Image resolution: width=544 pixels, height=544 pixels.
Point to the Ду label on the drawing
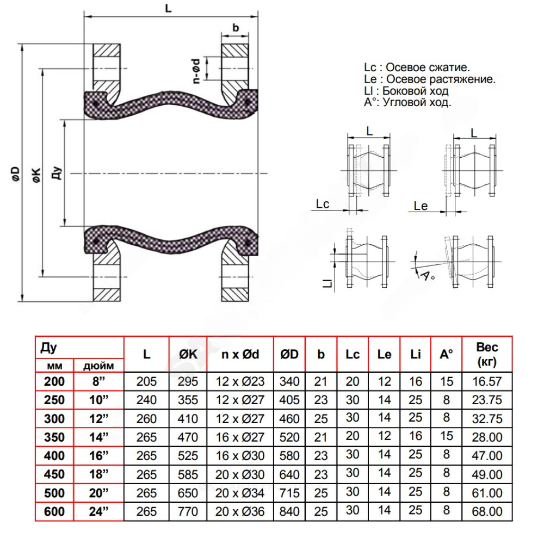(59, 173)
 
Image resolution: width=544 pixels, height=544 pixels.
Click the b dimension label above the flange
(235, 28)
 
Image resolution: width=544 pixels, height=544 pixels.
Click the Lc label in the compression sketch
(323, 204)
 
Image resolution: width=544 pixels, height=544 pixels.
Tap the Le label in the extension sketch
(421, 206)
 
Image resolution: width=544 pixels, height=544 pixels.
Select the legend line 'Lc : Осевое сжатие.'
(417, 67)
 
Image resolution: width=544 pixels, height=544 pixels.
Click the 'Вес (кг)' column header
(487, 354)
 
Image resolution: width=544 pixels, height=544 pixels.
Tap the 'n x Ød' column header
(240, 355)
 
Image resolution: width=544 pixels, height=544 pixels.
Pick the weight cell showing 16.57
(487, 381)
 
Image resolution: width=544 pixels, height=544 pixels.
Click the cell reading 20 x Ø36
(240, 512)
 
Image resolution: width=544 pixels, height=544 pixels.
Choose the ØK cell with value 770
(188, 512)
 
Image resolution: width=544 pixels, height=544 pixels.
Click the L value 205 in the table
(146, 381)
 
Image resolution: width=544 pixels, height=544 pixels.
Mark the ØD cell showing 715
(289, 493)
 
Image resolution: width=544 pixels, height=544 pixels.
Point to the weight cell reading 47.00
(487, 456)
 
